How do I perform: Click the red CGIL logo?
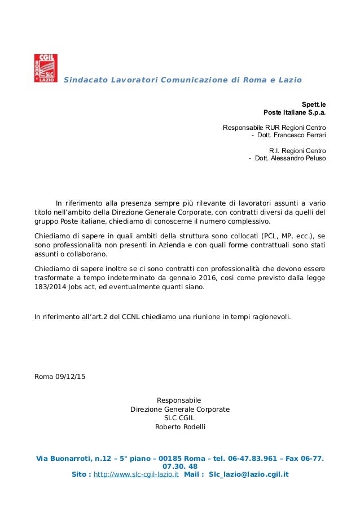coord(46,68)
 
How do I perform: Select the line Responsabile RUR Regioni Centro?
coord(274,128)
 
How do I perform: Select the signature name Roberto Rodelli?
coord(180,426)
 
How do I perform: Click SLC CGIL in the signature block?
coord(180,418)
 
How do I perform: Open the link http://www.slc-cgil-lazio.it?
coord(136,474)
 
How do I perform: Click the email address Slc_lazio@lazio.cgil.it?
coord(248,474)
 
